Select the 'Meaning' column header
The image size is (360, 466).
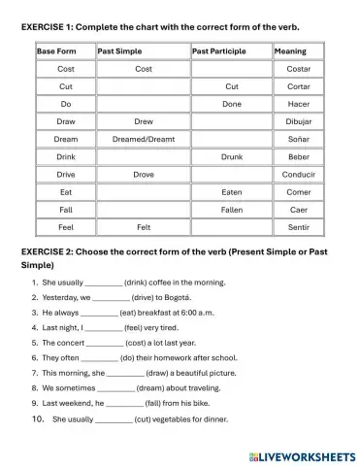click(290, 50)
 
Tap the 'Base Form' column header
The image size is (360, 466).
click(61, 50)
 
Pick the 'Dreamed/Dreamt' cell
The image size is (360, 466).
click(143, 139)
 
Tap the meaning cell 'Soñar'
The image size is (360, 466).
click(299, 139)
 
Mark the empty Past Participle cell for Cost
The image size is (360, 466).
click(232, 69)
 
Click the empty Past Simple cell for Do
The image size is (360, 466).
click(143, 104)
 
